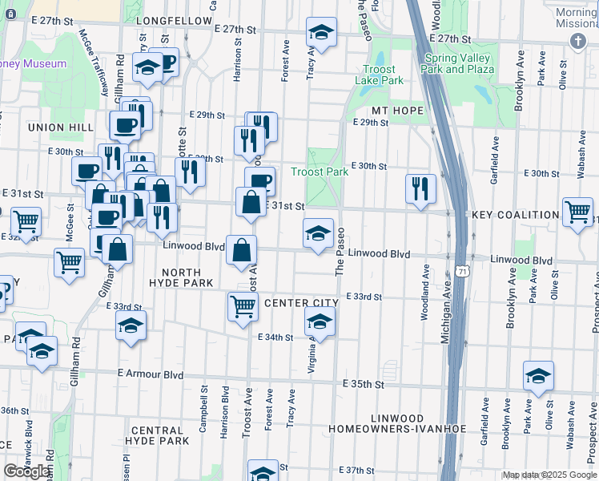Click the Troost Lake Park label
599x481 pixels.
pyautogui.click(x=380, y=75)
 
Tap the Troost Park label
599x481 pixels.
pyautogui.click(x=320, y=172)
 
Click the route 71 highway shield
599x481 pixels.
pyautogui.click(x=462, y=273)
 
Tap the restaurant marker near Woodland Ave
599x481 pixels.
pyautogui.click(x=420, y=188)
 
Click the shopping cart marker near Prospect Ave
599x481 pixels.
pyautogui.click(x=577, y=212)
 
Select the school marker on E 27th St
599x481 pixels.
pyautogui.click(x=321, y=32)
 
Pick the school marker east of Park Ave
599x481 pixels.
pyautogui.click(x=538, y=375)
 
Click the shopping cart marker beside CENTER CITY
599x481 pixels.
pyautogui.click(x=243, y=305)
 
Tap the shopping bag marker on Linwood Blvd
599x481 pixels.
pyautogui.click(x=241, y=250)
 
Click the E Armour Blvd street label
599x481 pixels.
pyautogui.click(x=150, y=374)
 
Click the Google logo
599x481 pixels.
pyautogui.click(x=26, y=471)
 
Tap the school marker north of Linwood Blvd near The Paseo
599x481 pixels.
pyautogui.click(x=318, y=233)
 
